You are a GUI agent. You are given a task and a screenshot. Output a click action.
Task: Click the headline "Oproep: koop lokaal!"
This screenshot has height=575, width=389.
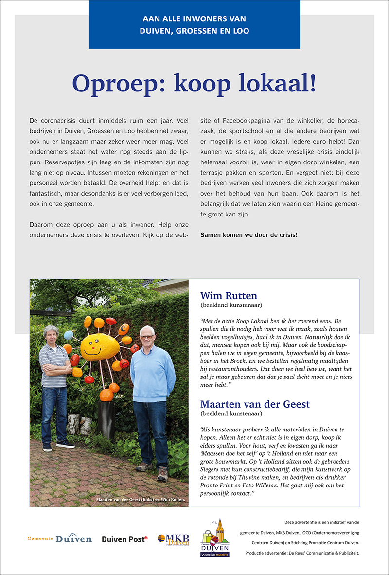[194, 84]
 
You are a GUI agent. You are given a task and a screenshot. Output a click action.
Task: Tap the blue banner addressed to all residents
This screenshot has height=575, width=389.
[194, 25]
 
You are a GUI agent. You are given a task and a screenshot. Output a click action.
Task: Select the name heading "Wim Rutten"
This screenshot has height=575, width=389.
[229, 296]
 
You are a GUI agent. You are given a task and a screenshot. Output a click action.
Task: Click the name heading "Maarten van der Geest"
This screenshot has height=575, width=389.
[255, 404]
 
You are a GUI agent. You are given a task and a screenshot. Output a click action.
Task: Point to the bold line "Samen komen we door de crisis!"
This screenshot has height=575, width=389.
[249, 235]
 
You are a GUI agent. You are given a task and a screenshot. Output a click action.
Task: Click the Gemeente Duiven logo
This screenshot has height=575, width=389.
[59, 539]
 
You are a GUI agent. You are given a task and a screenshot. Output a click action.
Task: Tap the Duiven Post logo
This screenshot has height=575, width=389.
[124, 539]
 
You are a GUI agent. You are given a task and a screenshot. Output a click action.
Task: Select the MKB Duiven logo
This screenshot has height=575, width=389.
[173, 539]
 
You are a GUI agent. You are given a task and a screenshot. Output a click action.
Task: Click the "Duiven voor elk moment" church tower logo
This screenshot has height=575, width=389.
[215, 538]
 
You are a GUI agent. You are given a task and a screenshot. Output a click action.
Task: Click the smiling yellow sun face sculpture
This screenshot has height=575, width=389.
[100, 346]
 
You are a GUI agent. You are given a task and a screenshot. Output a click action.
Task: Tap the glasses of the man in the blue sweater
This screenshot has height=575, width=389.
[146, 337]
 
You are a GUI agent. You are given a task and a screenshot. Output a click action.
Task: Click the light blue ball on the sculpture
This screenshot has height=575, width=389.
[69, 335]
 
